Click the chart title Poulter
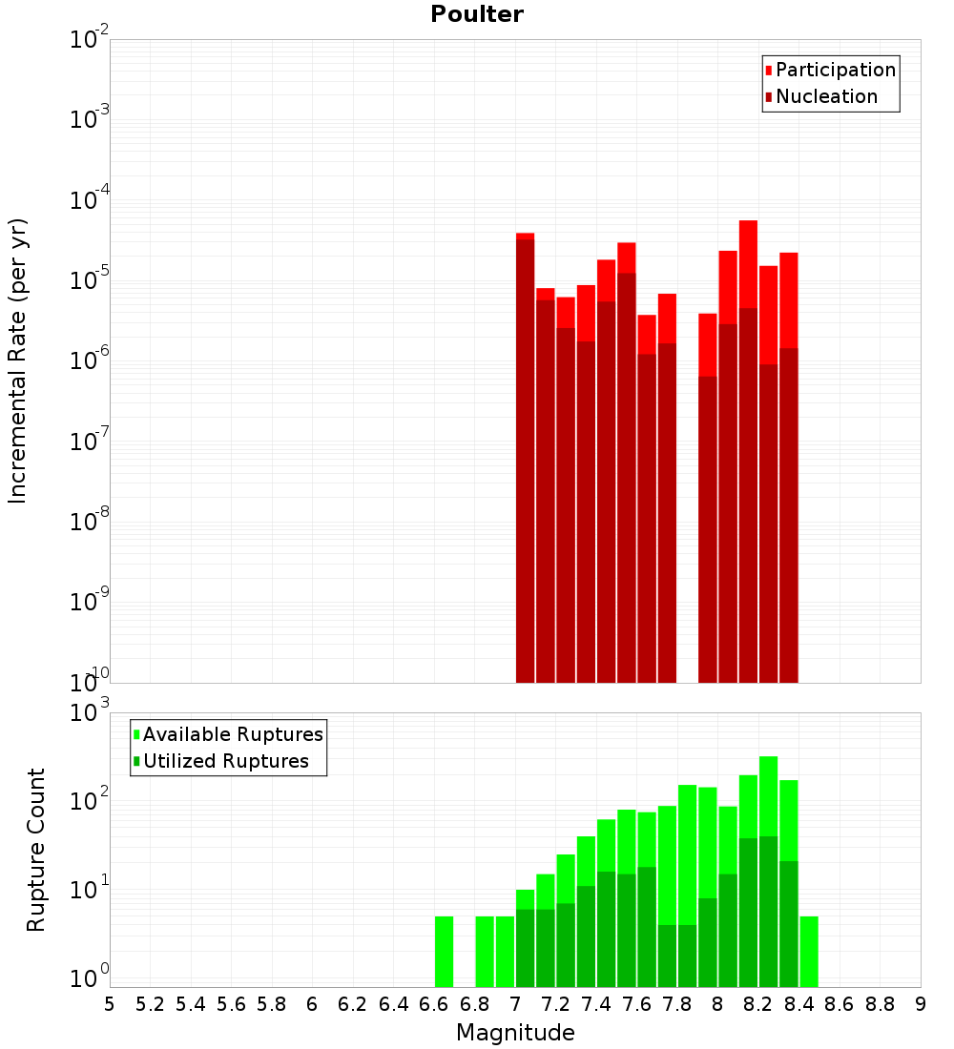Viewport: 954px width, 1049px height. click(x=476, y=14)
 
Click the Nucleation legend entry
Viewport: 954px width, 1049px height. click(x=825, y=96)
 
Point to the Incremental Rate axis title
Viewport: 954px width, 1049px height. click(x=19, y=360)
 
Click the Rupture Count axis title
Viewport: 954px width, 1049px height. click(x=36, y=849)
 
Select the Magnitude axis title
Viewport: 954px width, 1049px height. click(x=515, y=1033)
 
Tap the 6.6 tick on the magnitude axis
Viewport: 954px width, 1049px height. click(x=434, y=1004)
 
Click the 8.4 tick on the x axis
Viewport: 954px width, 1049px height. click(x=799, y=1004)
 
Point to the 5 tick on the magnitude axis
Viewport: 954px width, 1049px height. click(x=110, y=1004)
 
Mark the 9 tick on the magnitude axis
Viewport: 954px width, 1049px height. click(x=921, y=1004)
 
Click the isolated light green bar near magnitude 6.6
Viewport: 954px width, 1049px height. click(x=444, y=951)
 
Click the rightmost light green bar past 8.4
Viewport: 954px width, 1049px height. click(x=809, y=951)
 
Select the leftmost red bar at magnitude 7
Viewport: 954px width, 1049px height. click(x=525, y=458)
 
